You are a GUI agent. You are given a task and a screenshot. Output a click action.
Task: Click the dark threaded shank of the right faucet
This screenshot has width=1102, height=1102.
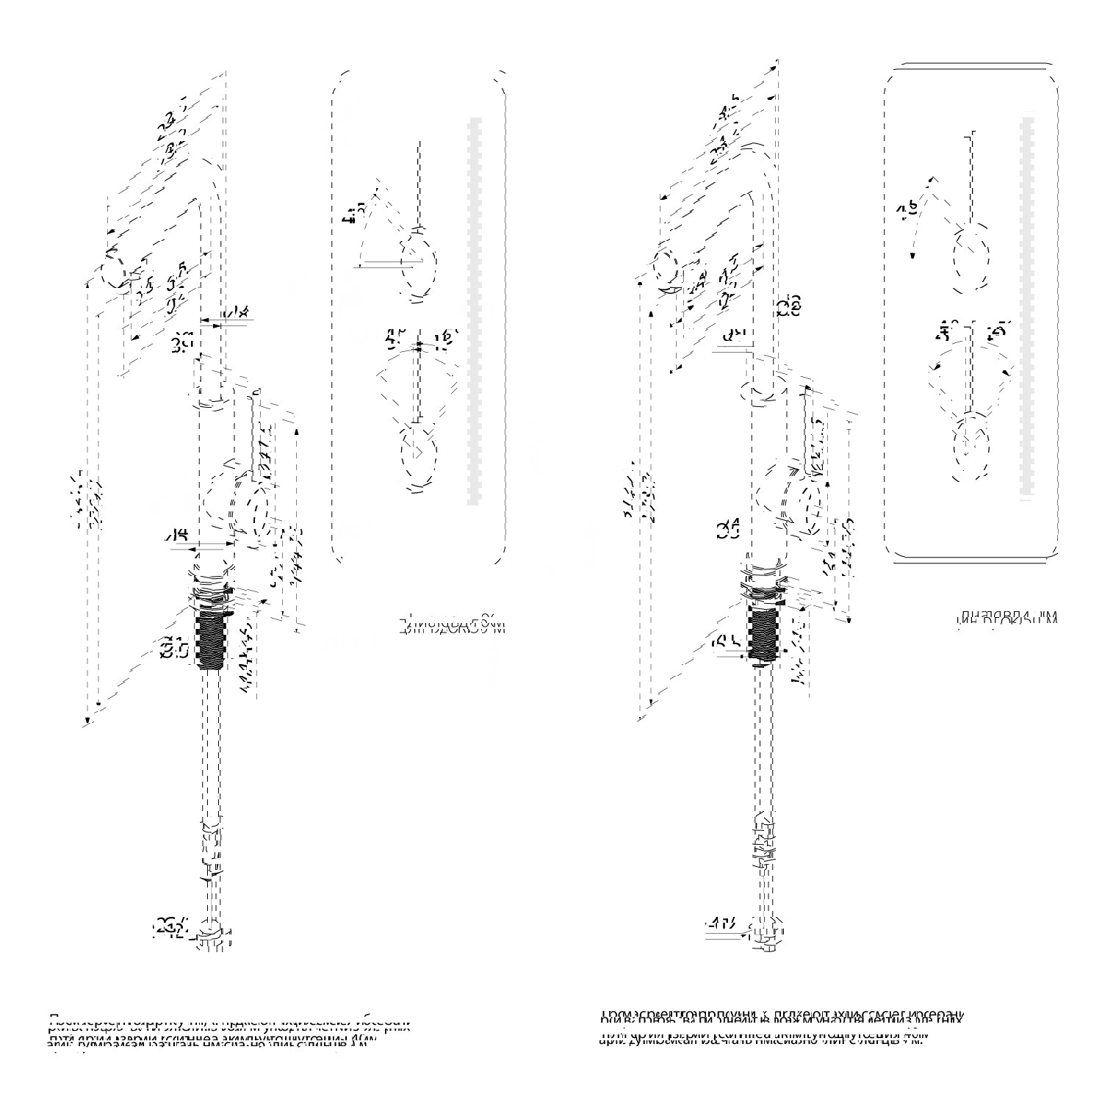(763, 633)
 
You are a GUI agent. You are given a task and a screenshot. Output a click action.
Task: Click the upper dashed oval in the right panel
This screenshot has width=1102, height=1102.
(970, 258)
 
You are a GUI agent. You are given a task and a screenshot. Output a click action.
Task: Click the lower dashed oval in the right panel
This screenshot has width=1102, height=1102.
(970, 447)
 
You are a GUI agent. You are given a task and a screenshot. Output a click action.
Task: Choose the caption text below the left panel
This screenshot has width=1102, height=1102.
(452, 626)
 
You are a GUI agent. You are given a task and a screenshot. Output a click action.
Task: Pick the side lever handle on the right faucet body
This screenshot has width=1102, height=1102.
(810, 503)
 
